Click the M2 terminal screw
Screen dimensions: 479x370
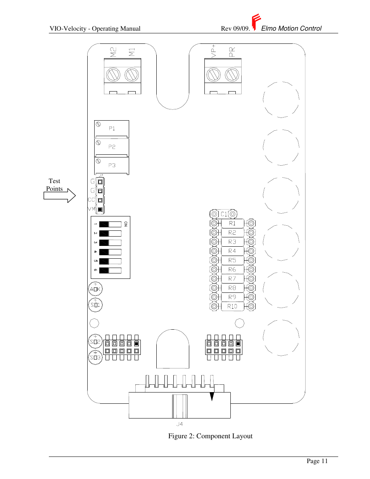[113, 74]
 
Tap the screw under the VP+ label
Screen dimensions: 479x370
[214, 74]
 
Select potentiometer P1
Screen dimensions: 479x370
[112, 129]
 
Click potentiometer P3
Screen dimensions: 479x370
[112, 166]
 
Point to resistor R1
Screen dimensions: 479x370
[232, 223]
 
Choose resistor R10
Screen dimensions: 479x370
[232, 306]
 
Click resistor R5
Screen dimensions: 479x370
[232, 260]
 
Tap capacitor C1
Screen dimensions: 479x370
[223, 214]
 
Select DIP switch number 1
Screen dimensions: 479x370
[110, 224]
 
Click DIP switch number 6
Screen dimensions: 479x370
[110, 270]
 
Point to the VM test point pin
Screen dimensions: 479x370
[100, 209]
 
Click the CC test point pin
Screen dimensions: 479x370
[100, 200]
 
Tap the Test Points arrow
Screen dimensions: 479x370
[60, 195]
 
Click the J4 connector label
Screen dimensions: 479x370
[180, 424]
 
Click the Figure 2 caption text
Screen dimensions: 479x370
[210, 436]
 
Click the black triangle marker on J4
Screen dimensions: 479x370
[212, 396]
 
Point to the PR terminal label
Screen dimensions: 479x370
[232, 52]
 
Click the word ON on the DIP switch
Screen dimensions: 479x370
[126, 224]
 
